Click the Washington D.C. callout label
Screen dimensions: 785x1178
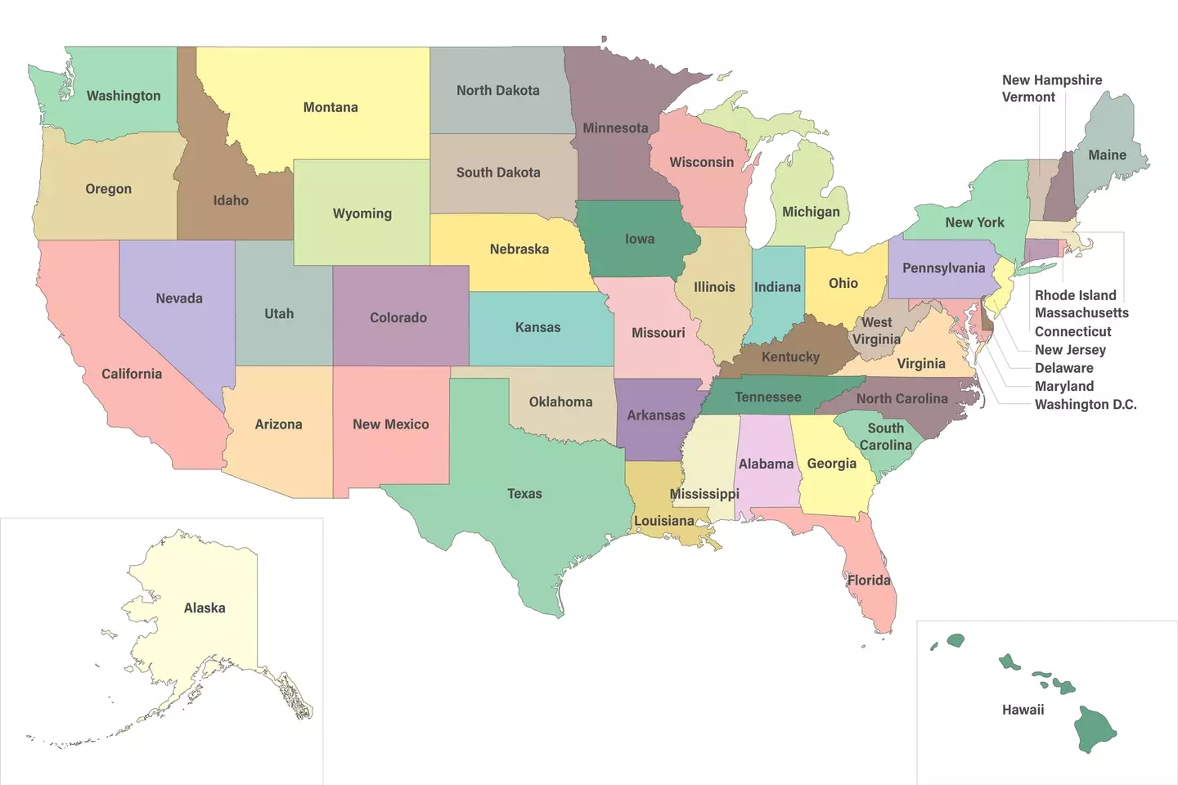coord(1086,405)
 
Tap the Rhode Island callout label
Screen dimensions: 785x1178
coord(1075,295)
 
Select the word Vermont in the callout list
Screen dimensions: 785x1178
coord(1028,97)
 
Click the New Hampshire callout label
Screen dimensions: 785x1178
coord(1052,80)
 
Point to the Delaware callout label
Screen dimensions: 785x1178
coord(1063,368)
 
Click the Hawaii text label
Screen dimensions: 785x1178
coord(1023,710)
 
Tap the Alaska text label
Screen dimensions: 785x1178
coord(205,608)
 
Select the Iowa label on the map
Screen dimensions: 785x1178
coord(640,239)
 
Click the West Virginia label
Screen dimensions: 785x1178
coord(876,330)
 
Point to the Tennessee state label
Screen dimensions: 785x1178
coord(767,397)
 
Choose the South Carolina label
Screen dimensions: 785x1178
coord(885,437)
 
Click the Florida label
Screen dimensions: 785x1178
coord(869,581)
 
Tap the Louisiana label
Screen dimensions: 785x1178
coord(663,521)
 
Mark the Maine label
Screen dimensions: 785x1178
coord(1107,155)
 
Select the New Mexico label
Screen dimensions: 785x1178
coord(390,424)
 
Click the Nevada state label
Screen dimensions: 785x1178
coord(179,298)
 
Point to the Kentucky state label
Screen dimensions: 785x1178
coord(790,357)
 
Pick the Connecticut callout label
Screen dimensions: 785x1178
coord(1072,332)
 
